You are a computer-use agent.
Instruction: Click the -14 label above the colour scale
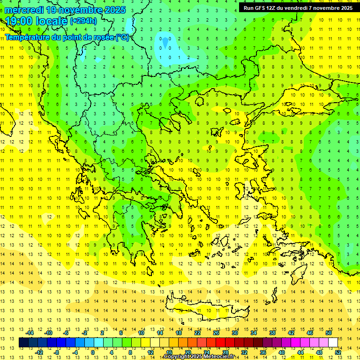[x=30, y=333]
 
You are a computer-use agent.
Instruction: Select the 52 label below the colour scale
[x=338, y=352]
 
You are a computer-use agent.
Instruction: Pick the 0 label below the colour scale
[x=93, y=352]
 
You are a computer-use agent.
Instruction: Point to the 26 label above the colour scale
[x=216, y=333]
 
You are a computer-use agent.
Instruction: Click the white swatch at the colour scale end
[x=333, y=343]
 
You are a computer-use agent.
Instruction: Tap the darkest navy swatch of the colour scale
[x=23, y=343]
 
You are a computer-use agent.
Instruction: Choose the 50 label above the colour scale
[x=329, y=333]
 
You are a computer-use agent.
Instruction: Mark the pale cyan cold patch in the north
[x=165, y=44]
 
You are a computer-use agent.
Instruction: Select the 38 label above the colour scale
[x=272, y=333]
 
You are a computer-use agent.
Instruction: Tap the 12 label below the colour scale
[x=150, y=352]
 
